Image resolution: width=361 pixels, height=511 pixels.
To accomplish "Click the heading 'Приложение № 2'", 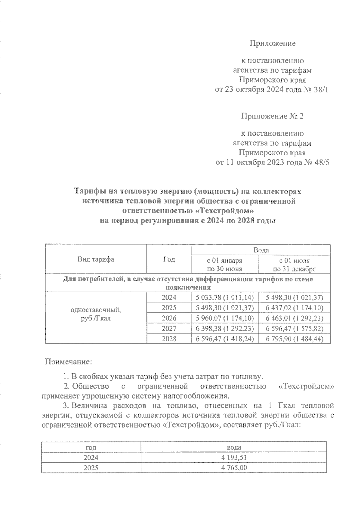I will tap(272, 116).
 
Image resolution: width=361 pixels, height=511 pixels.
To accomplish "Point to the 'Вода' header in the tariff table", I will tap(261, 250).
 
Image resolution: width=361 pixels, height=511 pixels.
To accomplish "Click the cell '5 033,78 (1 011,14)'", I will tap(225, 298).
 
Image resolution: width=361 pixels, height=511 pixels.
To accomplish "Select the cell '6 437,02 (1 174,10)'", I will tap(295, 308).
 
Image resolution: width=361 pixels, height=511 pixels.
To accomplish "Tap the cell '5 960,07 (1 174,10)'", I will tap(225, 318).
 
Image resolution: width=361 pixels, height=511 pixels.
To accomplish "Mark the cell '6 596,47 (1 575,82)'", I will tap(295, 328).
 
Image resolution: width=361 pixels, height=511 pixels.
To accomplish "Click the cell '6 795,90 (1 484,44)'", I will tap(295, 339).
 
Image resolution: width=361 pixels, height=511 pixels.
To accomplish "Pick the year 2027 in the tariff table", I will tap(169, 328).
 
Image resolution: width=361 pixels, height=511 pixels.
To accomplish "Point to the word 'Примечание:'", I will tap(68, 361).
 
